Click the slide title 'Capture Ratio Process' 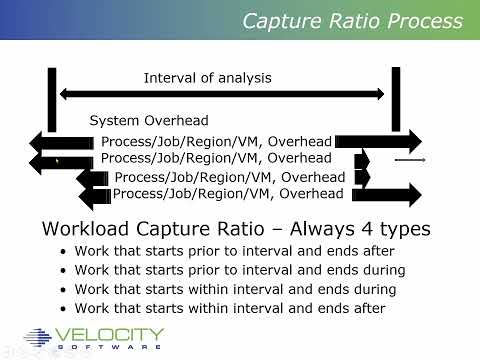tap(354, 21)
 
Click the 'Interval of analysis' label tap(207, 77)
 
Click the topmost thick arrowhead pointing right tap(410, 141)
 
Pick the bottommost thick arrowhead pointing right tap(410, 193)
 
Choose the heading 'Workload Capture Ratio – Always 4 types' tap(236, 229)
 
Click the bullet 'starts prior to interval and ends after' tap(227, 251)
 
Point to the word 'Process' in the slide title tap(419, 21)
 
